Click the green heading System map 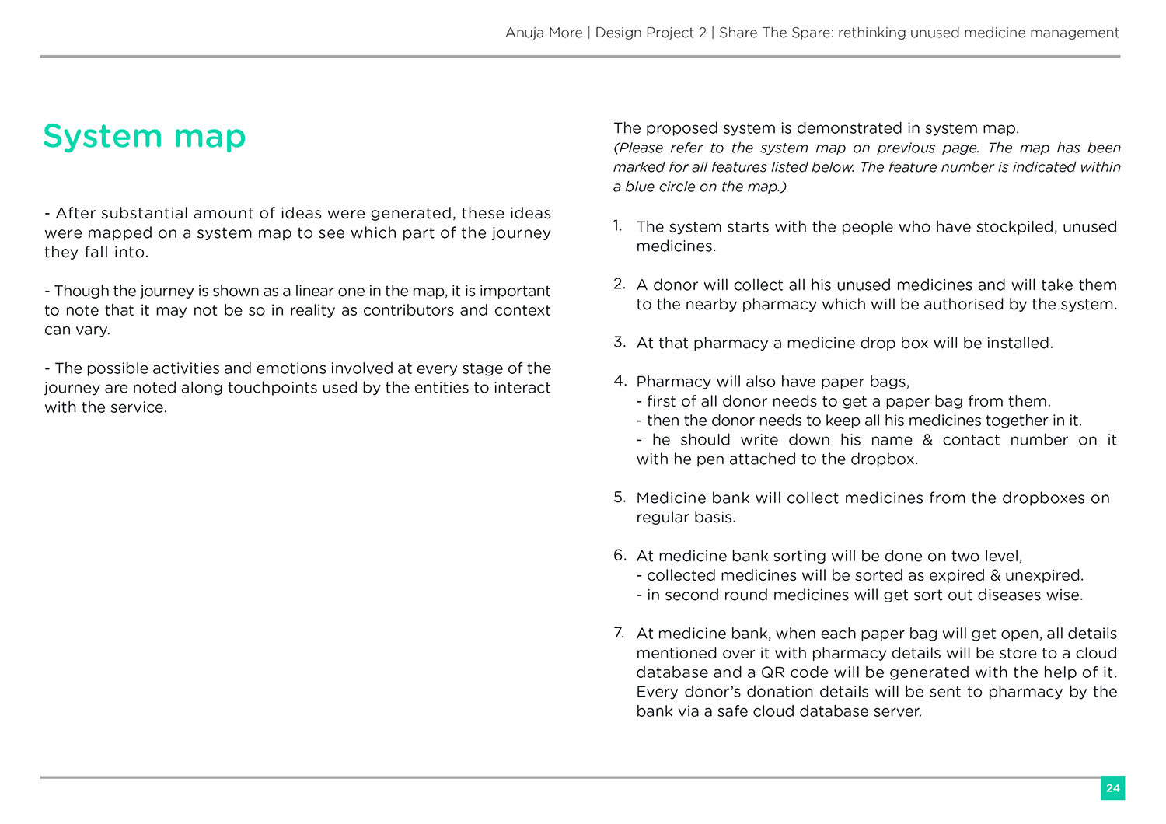(x=144, y=137)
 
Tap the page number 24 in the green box (x=1112, y=787)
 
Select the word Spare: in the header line (x=812, y=33)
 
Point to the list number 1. (x=617, y=225)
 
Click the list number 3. (x=619, y=342)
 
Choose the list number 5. (x=619, y=497)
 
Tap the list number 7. (x=619, y=632)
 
